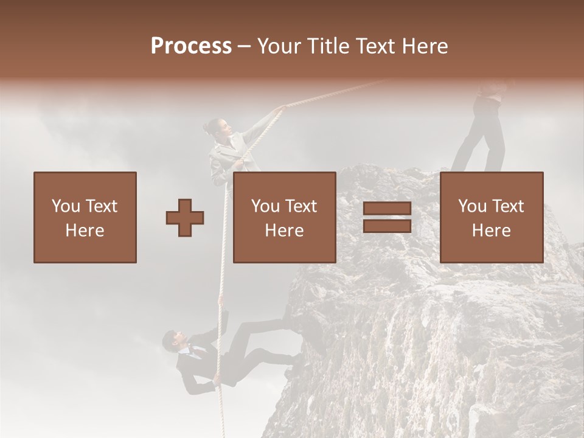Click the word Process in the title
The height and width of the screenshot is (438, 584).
click(x=191, y=46)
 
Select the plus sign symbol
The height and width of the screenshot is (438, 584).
click(x=185, y=218)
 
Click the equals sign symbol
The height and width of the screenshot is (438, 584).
click(x=387, y=217)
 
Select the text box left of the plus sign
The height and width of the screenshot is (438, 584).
click(x=85, y=218)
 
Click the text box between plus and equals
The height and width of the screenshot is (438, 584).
click(x=285, y=218)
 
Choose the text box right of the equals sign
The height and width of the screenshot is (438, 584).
click(x=492, y=218)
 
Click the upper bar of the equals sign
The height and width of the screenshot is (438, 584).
click(x=387, y=209)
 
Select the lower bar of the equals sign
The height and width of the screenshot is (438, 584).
click(x=387, y=226)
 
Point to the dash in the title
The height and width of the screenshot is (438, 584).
click(x=244, y=47)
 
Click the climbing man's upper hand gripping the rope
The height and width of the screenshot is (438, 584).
click(x=220, y=301)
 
